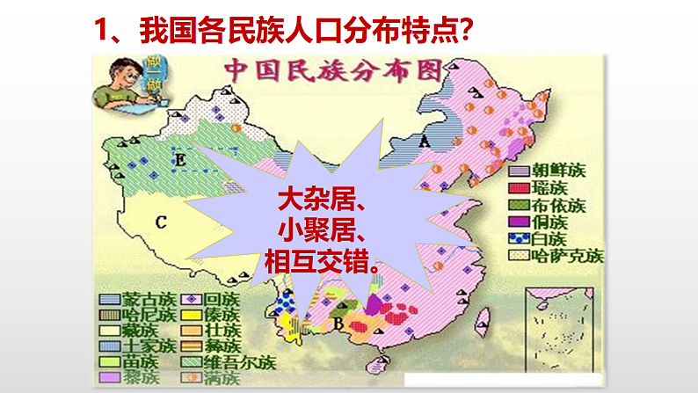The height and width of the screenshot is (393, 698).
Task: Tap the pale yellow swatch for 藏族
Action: pos(112,331)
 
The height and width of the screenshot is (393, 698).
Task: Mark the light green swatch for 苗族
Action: pos(112,361)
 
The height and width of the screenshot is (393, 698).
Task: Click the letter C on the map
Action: pos(161,222)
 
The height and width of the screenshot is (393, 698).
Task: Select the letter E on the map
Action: pos(180,161)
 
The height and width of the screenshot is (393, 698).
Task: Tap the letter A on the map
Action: pos(424,141)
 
